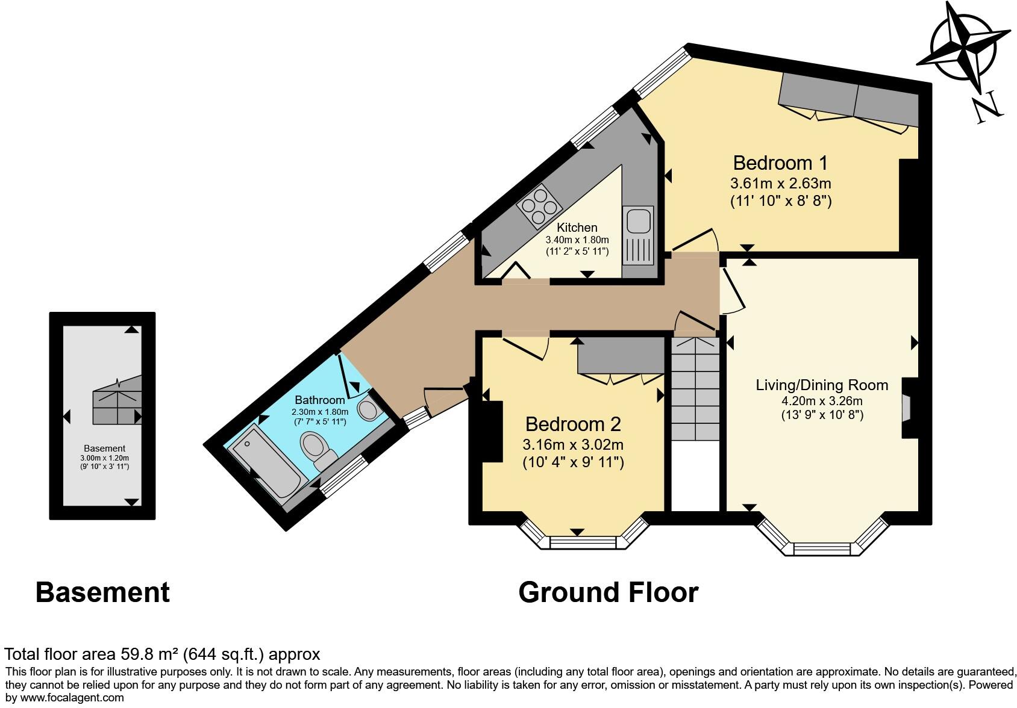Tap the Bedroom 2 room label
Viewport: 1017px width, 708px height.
(x=572, y=424)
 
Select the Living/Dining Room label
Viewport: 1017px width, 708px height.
(x=822, y=385)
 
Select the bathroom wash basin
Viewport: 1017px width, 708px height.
(x=368, y=409)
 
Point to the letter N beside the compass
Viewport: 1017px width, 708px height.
(x=987, y=108)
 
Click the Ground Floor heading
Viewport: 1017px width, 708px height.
(x=608, y=592)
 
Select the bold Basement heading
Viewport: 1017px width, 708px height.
(x=102, y=592)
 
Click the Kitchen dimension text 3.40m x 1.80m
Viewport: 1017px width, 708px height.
(x=577, y=240)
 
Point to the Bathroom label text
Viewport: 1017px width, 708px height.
(x=319, y=400)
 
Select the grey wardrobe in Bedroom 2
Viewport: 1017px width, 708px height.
(x=620, y=355)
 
